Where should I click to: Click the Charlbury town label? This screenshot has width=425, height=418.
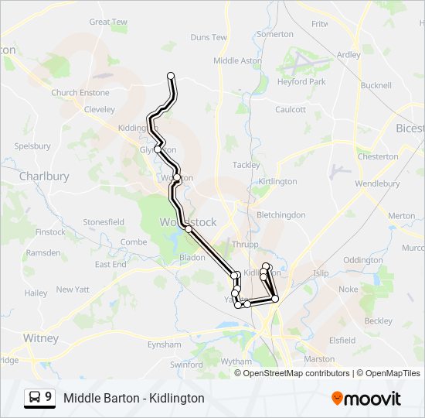[x=44, y=176]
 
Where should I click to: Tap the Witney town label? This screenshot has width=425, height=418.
[x=41, y=338]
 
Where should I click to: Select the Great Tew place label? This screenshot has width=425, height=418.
[x=108, y=22]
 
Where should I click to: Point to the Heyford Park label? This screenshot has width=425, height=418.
[x=302, y=81]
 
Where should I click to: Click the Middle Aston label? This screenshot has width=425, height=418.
[x=237, y=60]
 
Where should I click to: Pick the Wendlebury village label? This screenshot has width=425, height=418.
[x=377, y=184]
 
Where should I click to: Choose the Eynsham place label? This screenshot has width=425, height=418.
[x=164, y=344]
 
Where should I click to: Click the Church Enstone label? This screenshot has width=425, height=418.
[x=80, y=93]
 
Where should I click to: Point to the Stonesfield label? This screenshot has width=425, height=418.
[x=104, y=222]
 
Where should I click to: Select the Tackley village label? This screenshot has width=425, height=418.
[x=246, y=165]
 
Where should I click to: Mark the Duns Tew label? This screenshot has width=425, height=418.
[x=209, y=37]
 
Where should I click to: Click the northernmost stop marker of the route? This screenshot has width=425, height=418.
[x=171, y=76]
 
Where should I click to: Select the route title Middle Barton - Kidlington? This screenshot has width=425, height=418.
[x=134, y=398]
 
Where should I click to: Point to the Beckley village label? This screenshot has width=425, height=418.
[x=378, y=320]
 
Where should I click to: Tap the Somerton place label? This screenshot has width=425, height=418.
[x=275, y=34]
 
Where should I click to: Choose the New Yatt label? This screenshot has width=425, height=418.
[x=74, y=290]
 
